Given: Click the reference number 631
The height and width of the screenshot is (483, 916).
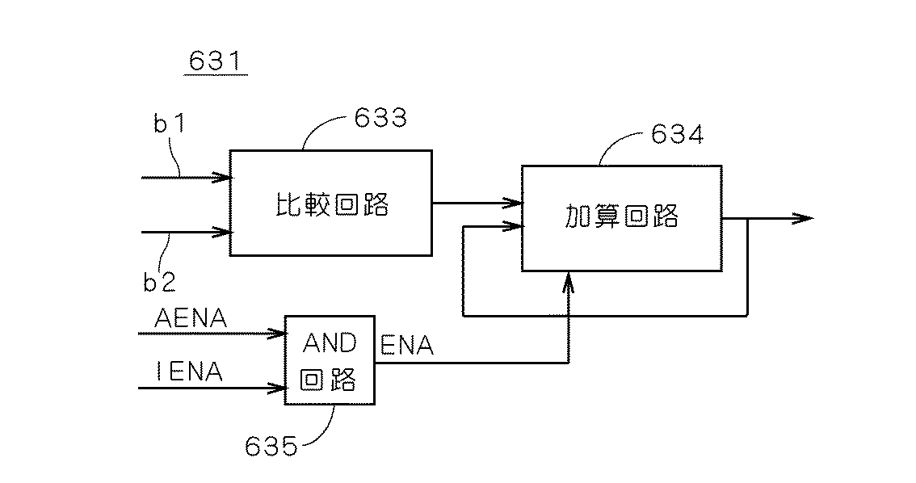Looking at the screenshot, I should (216, 61).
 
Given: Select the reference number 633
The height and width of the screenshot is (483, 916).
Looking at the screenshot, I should (380, 119).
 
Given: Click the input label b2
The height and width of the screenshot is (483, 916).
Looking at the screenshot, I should (159, 281).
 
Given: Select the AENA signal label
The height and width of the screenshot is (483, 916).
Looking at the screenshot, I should (191, 319).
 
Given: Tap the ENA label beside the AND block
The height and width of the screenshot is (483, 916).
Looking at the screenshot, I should (407, 346).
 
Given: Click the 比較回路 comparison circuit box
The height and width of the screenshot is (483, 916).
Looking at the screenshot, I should (331, 204).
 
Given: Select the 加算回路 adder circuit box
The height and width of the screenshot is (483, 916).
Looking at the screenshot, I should (621, 218).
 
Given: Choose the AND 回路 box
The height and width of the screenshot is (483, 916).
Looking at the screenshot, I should (330, 359).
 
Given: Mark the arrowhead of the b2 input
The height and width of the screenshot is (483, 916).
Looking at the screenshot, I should (224, 233).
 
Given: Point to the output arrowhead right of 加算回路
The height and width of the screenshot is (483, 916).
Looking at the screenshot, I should (803, 218).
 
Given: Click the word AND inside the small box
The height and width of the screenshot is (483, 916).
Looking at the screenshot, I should (330, 343).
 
